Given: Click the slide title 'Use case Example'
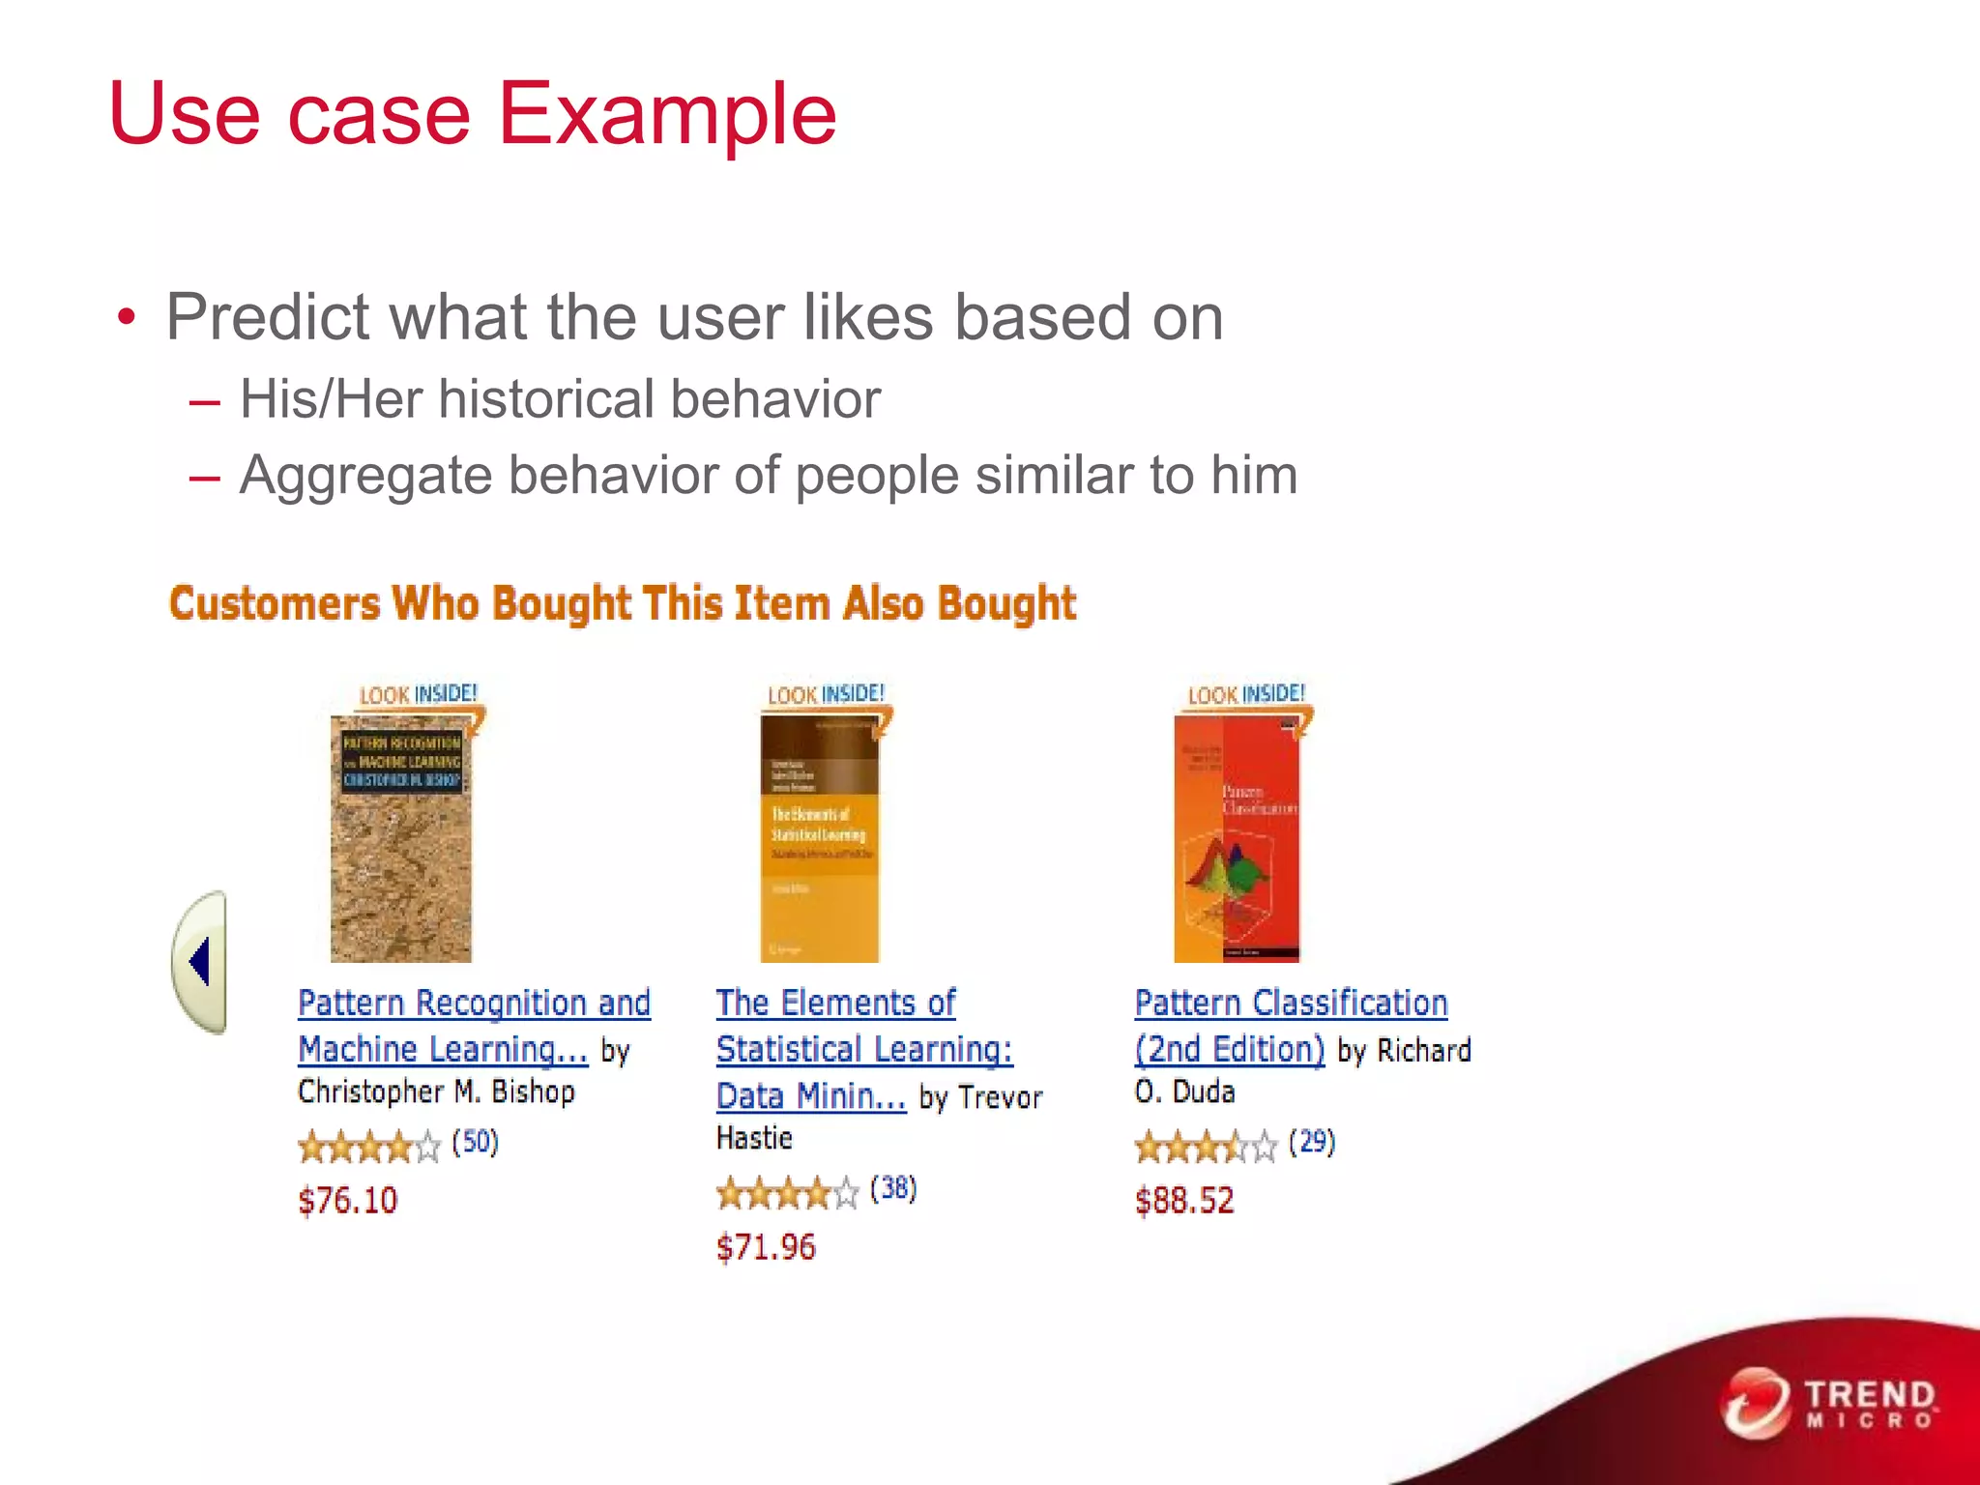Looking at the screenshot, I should (473, 114).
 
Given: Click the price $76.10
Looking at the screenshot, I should (348, 1201).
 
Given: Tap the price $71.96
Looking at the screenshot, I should (766, 1247).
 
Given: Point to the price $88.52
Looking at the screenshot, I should (1184, 1201).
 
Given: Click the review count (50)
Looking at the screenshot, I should (475, 1143).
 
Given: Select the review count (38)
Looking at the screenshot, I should (893, 1189).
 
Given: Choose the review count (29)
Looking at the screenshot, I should (1312, 1143).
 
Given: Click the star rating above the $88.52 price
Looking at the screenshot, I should (1206, 1148).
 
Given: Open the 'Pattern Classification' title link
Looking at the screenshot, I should (1291, 1004).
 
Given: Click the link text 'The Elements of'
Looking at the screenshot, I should (835, 1004).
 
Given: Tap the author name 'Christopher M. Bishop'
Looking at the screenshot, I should (436, 1092).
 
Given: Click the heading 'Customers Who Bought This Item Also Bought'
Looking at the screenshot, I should (623, 603).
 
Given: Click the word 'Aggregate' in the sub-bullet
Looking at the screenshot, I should (365, 476).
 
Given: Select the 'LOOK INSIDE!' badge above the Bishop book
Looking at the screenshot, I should (418, 694).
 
